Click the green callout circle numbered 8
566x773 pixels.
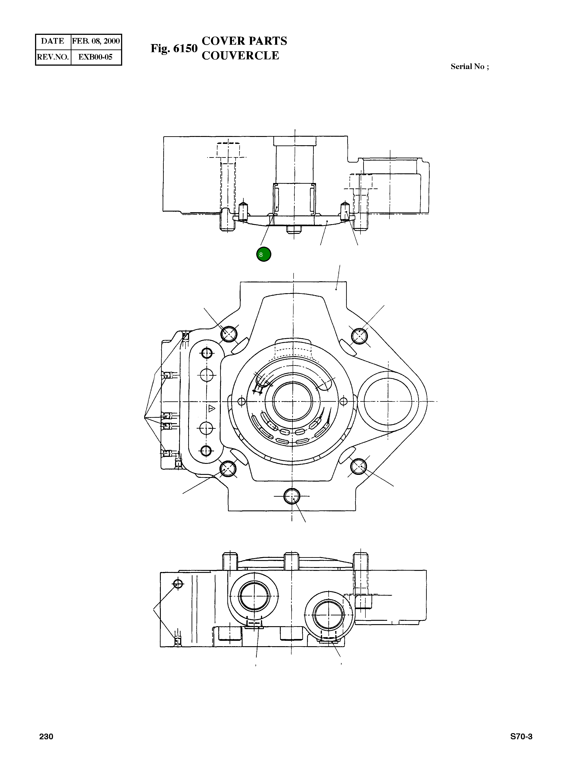click(x=263, y=255)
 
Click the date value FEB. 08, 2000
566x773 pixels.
click(x=96, y=41)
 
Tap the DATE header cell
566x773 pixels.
click(x=53, y=41)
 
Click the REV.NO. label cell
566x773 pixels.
click(x=53, y=57)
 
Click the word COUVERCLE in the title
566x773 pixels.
click(x=240, y=56)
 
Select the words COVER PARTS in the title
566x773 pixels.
click(x=244, y=41)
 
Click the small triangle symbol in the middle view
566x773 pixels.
click(x=211, y=409)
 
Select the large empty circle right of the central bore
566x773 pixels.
click(x=388, y=401)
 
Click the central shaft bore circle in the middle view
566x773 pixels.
click(x=293, y=401)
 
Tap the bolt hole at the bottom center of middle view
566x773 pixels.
click(x=292, y=496)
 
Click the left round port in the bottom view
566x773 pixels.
click(x=254, y=597)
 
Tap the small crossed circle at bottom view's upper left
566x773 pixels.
click(x=178, y=583)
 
